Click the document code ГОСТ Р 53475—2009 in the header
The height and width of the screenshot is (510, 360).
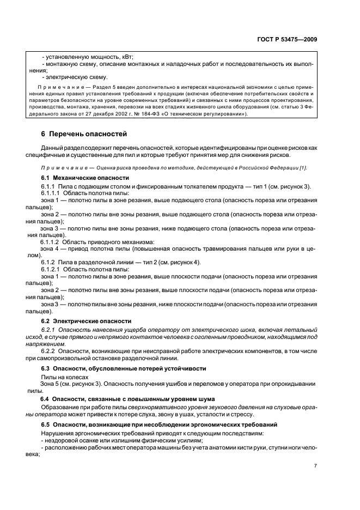pyautogui.click(x=288, y=39)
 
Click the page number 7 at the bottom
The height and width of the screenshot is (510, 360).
pyautogui.click(x=315, y=465)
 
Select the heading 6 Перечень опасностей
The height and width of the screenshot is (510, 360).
pyautogui.click(x=84, y=133)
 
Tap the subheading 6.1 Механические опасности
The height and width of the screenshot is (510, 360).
pyautogui.click(x=85, y=178)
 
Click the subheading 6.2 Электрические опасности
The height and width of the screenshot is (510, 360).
pyautogui.click(x=86, y=321)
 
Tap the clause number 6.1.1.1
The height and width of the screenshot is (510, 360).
pyautogui.click(x=50, y=193)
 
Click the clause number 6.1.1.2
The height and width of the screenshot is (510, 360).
pyautogui.click(x=50, y=241)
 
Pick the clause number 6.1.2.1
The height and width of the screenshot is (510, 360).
pyautogui.click(x=50, y=270)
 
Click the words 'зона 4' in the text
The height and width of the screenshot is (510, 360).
pyautogui.click(x=51, y=248)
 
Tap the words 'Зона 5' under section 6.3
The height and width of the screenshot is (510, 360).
pyautogui.click(x=51, y=384)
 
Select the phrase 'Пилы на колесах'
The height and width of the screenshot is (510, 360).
pyautogui.click(x=64, y=377)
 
